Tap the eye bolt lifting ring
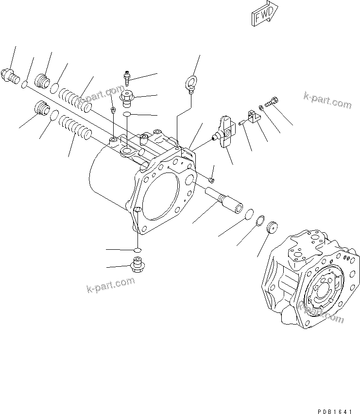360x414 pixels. coord(190,81)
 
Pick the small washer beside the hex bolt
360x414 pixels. coord(261,107)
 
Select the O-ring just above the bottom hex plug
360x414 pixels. coord(137,249)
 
